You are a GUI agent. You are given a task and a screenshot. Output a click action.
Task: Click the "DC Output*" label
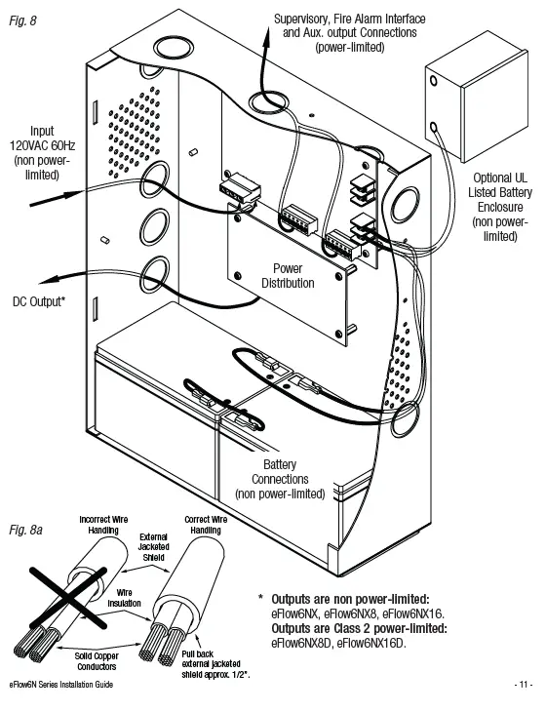(39, 300)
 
